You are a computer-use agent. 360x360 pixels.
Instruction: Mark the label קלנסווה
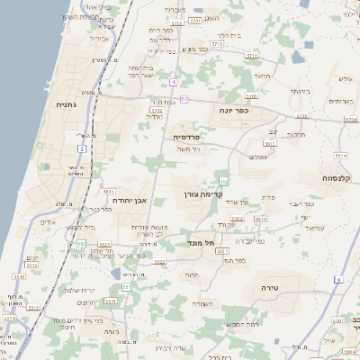coord(339,178)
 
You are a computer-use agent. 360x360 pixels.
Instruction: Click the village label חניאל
coord(263,76)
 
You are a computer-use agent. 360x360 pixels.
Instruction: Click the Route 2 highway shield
coord(82,147)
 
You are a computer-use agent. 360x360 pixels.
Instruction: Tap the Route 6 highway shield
coord(339,280)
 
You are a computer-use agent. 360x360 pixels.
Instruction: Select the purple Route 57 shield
coord(184,98)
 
